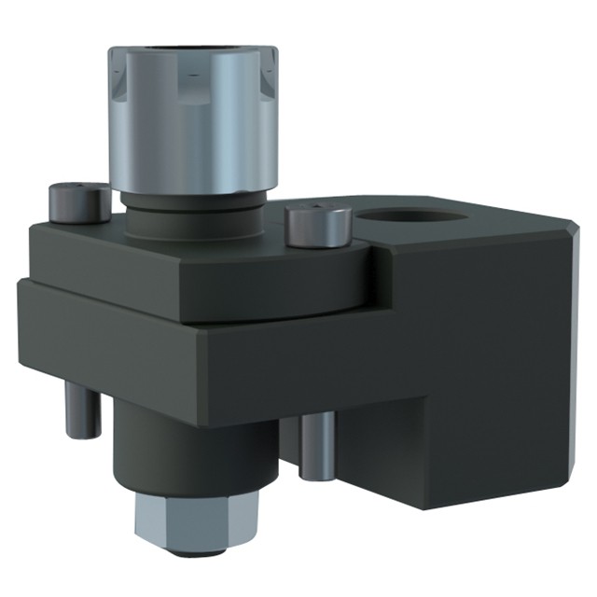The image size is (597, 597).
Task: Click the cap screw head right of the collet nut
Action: [318, 224]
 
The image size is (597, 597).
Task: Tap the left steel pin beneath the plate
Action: [81, 410]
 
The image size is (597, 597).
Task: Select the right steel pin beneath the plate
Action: [317, 445]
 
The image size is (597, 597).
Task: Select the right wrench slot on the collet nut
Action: [265, 75]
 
